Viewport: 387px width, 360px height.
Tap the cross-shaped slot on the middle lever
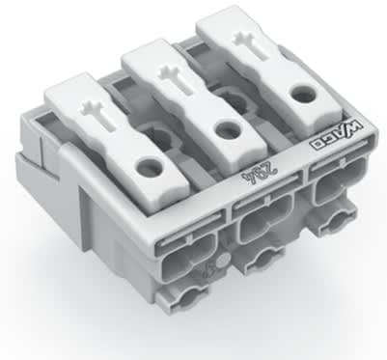[173, 71]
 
